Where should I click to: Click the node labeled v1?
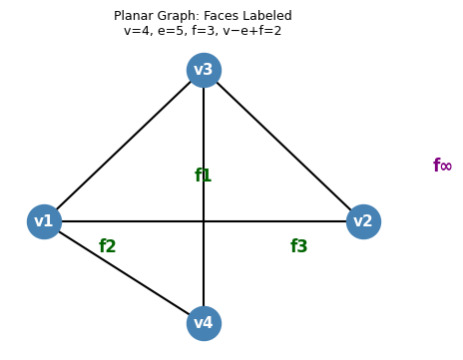(x=44, y=221)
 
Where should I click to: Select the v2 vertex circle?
(x=363, y=221)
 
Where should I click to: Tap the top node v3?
(x=204, y=70)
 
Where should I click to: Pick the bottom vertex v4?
(x=204, y=323)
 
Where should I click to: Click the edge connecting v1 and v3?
(x=124, y=146)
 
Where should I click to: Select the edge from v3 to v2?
(x=283, y=146)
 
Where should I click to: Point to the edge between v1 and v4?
(x=124, y=272)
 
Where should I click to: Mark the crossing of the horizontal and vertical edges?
(x=204, y=221)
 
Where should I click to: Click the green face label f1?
(x=203, y=176)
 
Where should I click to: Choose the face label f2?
(x=108, y=246)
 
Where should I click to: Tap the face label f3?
(x=298, y=246)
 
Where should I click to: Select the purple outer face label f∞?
(x=442, y=166)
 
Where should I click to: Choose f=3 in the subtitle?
(x=204, y=31)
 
